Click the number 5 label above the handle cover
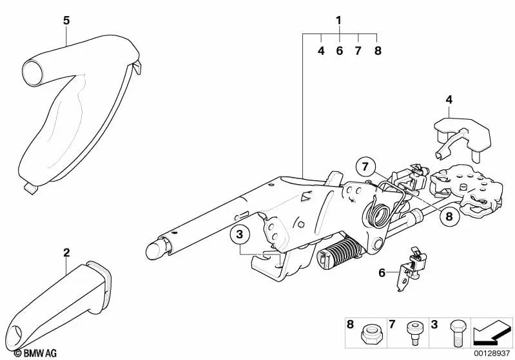click(66, 21)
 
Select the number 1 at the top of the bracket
click(339, 21)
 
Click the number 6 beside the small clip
click(382, 273)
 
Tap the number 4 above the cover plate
click(449, 99)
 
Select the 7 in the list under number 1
click(358, 50)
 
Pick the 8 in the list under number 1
click(378, 50)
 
